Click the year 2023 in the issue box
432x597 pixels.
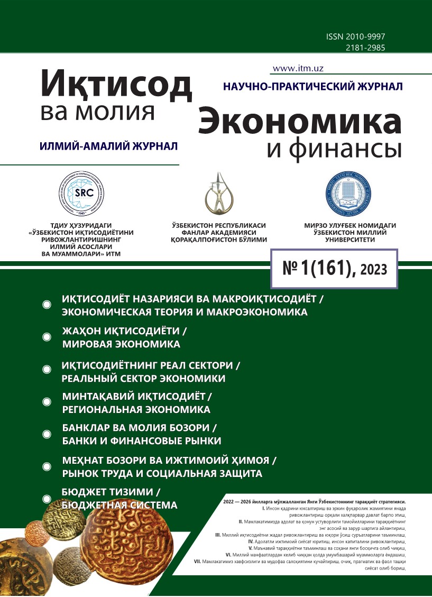373,271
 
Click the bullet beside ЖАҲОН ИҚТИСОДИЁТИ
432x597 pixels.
47,337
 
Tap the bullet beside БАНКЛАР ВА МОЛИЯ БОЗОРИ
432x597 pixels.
47,434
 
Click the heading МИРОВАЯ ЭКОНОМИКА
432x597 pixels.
121,344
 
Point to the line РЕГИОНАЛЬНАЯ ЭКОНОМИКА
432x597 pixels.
136,409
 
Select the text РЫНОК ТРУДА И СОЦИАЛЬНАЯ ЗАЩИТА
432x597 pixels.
162,473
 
